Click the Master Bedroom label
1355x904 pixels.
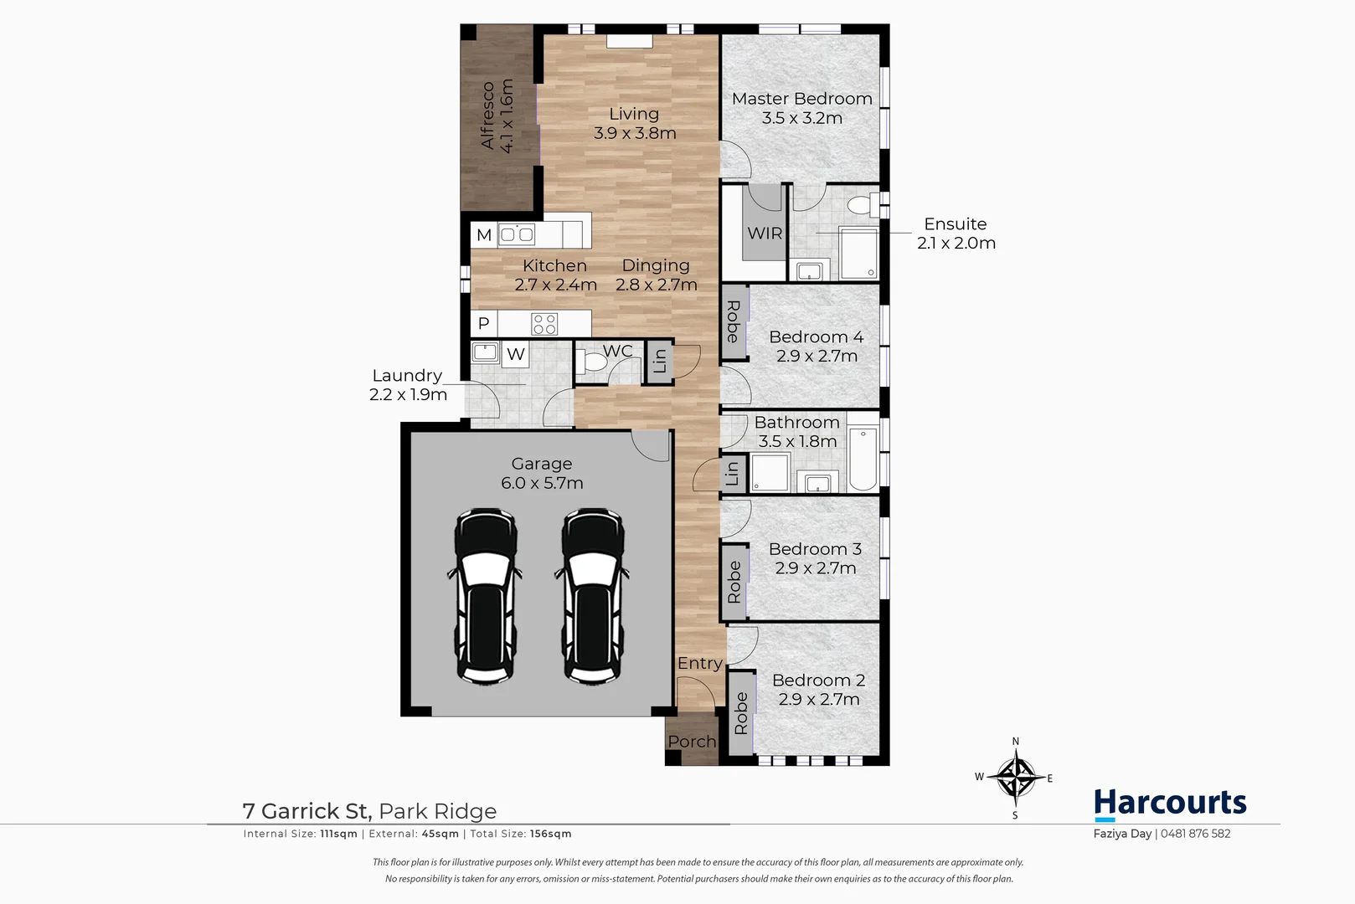801,99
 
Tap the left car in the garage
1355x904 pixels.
486,596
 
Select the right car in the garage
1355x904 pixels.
593,596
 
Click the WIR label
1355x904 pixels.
764,234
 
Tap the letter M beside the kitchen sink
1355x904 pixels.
483,235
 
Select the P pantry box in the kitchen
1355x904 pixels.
483,324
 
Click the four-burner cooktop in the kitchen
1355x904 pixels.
544,324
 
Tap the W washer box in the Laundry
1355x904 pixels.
515,354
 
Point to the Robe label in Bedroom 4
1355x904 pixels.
733,322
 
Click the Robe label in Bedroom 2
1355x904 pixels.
741,713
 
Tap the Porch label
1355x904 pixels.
692,742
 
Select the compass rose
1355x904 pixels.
1015,778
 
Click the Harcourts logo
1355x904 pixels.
1169,804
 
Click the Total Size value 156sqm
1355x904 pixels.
550,834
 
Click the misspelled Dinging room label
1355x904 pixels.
656,265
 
